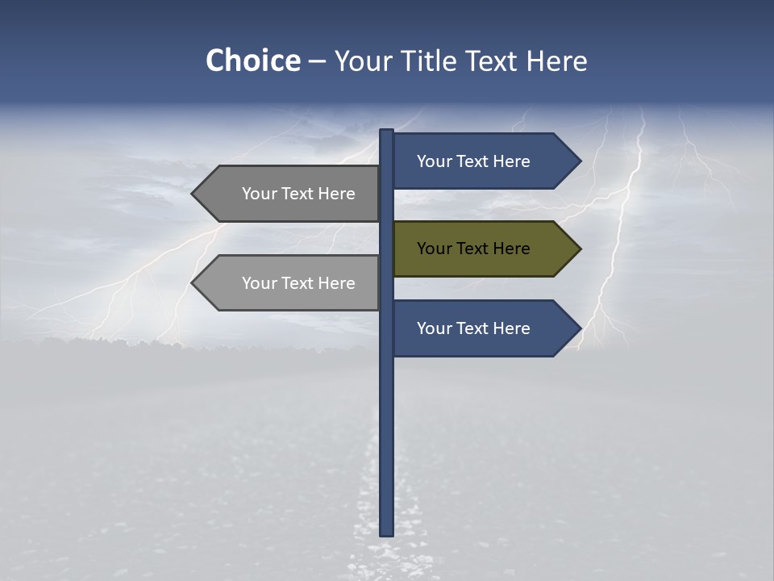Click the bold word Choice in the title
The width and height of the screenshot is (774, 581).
pos(252,61)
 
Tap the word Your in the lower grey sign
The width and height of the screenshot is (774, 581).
pos(259,283)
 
